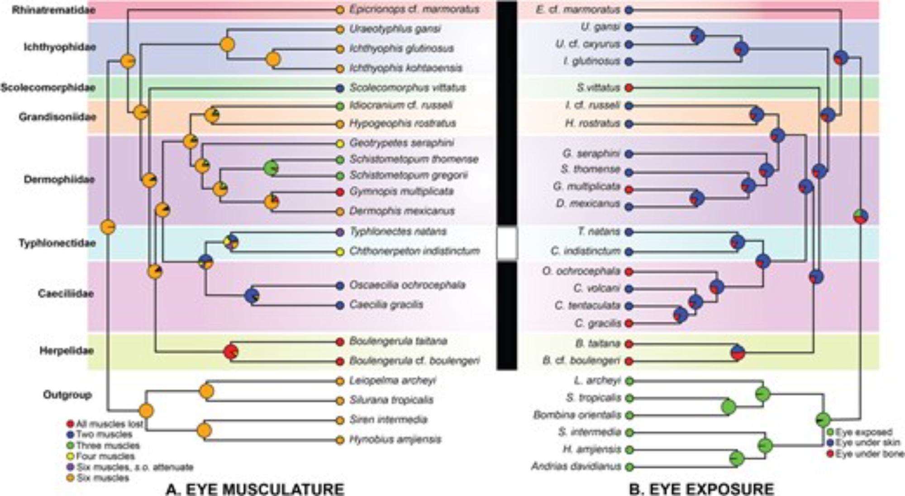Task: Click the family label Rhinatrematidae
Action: tap(53, 10)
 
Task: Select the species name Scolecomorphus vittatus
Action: tap(407, 88)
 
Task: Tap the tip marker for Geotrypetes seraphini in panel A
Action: tap(340, 143)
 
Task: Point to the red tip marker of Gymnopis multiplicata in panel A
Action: tap(340, 192)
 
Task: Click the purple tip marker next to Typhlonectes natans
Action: tap(340, 232)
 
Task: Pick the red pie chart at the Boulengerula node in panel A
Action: tap(231, 352)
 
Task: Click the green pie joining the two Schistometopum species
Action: tap(271, 168)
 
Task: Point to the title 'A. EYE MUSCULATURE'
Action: tap(255, 489)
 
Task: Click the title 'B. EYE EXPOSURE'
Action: tap(701, 489)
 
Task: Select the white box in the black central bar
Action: tap(507, 243)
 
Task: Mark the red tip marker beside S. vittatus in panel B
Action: tap(629, 88)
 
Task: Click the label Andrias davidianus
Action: tap(576, 466)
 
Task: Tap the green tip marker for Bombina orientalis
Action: tap(629, 415)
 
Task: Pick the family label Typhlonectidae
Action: tap(57, 243)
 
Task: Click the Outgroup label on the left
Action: tap(67, 395)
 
